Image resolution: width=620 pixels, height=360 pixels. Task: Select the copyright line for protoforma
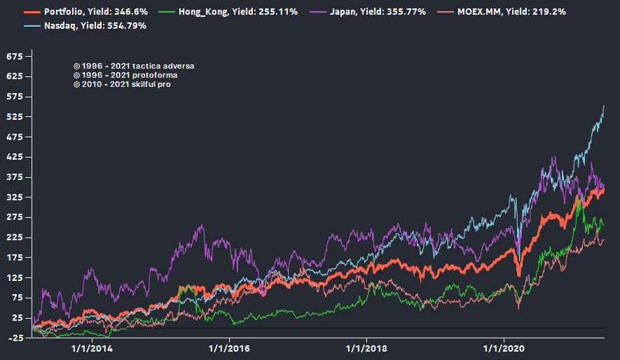[125, 75]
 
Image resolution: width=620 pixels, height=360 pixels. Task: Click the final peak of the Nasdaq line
[604, 105]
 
